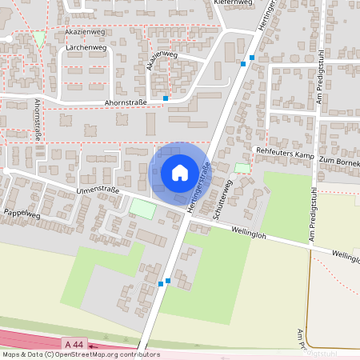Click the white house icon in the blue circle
tap(179, 173)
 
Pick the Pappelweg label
tap(22, 213)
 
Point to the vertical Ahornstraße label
tap(38, 120)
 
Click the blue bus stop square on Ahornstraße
tap(166, 98)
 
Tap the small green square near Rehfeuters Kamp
tap(241, 168)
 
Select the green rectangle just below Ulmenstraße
tap(142, 209)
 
